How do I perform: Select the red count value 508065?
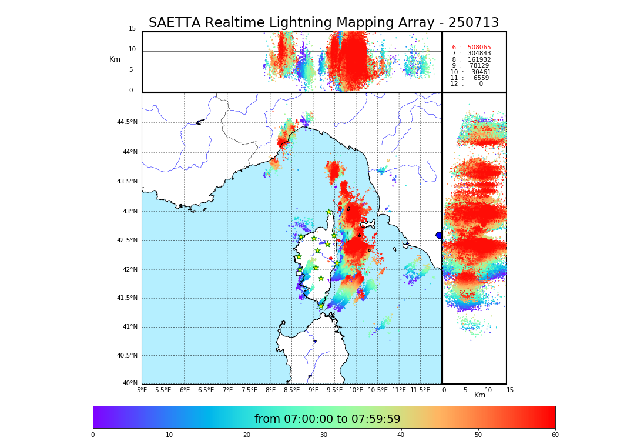(x=479, y=48)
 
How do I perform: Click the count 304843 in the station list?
(x=479, y=54)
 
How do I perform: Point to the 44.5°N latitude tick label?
(x=126, y=122)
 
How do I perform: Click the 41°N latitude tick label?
(x=129, y=327)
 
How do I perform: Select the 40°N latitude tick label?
(x=129, y=383)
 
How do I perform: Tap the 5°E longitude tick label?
(x=142, y=390)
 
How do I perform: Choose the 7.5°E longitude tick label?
(x=249, y=390)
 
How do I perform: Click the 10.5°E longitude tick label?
(x=377, y=390)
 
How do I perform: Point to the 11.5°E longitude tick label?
(x=420, y=390)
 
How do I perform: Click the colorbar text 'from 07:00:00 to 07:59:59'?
(x=327, y=419)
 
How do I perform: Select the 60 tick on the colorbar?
(x=555, y=435)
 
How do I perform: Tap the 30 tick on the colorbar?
(x=324, y=435)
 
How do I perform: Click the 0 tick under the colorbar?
(x=93, y=435)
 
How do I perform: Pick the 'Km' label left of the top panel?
(x=115, y=59)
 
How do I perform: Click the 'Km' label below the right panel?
(x=479, y=395)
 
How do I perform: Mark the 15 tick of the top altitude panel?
(x=132, y=29)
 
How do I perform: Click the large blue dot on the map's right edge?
(x=439, y=235)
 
